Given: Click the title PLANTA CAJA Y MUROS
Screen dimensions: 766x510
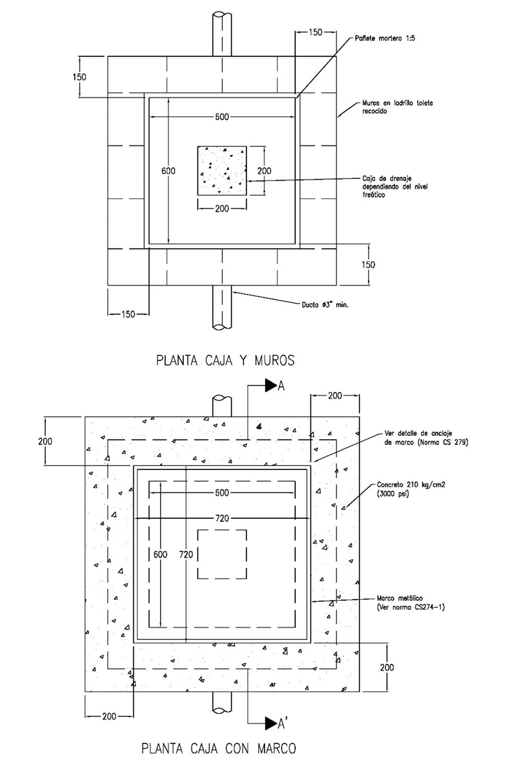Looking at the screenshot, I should pos(225,360).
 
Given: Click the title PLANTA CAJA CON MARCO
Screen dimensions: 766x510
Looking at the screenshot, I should pos(218,749).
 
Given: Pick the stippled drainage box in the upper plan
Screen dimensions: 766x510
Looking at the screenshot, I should pos(222,171).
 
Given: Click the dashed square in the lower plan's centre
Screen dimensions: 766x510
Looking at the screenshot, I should pos(223,554).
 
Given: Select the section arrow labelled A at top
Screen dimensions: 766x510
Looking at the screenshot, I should pos(271,387).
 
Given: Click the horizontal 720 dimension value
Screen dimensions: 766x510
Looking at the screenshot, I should pos(223,519).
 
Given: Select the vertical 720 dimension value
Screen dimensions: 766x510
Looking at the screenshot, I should pos(186,554).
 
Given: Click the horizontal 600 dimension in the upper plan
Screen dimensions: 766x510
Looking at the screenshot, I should pos(222,116).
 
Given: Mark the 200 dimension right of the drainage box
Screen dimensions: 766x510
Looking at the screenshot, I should pos(264,171).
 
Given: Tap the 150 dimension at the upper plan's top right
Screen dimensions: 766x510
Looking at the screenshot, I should pos(315,32).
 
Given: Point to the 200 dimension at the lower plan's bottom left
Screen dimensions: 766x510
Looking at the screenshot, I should pos(109,715).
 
